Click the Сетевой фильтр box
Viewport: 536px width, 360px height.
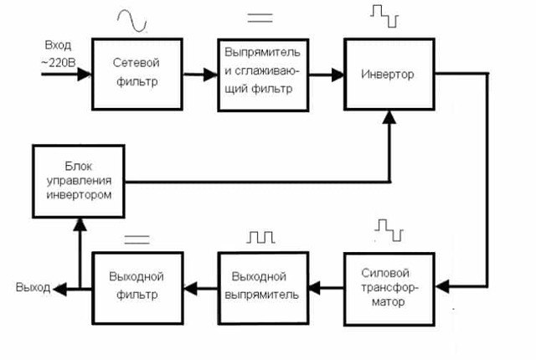tap(137, 74)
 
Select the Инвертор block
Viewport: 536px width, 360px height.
tap(389, 74)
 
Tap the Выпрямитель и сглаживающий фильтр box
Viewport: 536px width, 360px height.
tap(263, 75)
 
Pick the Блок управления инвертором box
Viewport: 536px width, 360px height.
tap(79, 181)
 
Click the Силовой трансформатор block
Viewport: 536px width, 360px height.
tap(389, 289)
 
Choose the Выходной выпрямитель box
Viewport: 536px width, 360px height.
tap(263, 288)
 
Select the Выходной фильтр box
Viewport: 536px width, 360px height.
tap(137, 288)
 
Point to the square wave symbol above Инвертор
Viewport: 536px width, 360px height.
tap(384, 16)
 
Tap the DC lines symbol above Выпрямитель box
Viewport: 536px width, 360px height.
tap(260, 18)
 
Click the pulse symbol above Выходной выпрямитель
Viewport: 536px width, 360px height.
tap(260, 237)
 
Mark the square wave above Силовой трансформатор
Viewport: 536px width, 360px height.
tap(389, 230)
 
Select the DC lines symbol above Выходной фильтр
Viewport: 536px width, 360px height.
tap(137, 239)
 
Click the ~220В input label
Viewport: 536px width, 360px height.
tap(58, 63)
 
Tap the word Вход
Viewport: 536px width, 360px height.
tap(58, 45)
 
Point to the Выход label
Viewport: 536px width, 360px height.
tap(33, 287)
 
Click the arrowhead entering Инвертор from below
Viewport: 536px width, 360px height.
tap(389, 117)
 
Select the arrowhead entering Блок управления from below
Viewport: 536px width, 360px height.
tap(80, 224)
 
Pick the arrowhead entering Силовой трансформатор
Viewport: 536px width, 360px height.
tap(443, 286)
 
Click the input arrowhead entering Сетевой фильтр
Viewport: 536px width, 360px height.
tap(85, 75)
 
